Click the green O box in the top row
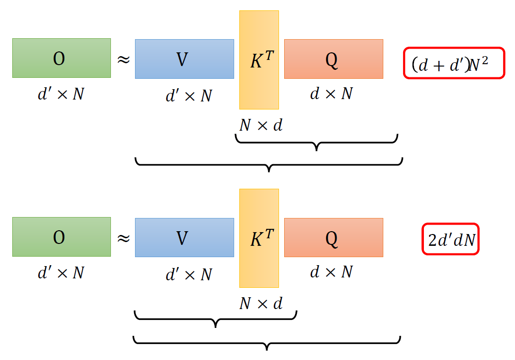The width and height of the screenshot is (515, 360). point(61,58)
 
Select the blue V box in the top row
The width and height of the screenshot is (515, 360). point(184,59)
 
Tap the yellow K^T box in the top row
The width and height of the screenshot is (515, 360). point(259,60)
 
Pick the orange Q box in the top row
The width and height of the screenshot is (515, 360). point(333,59)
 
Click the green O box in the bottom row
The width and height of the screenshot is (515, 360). point(61,237)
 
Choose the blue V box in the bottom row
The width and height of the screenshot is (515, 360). point(184,237)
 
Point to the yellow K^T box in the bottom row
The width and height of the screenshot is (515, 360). point(259,238)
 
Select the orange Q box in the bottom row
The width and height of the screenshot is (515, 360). point(333,237)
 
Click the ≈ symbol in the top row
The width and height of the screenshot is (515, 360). point(123,60)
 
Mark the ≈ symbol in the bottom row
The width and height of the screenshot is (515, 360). point(123,238)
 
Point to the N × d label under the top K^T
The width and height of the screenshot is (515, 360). point(261,126)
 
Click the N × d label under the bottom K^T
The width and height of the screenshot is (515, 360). point(261,303)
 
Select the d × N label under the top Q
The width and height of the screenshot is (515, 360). point(331,94)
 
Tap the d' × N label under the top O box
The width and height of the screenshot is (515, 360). point(61,94)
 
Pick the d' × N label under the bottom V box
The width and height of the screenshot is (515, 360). point(188,274)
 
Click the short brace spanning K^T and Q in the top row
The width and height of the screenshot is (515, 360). point(316,142)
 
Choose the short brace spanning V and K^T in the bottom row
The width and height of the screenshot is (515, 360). point(216,318)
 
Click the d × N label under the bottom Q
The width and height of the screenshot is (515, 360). point(331,272)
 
